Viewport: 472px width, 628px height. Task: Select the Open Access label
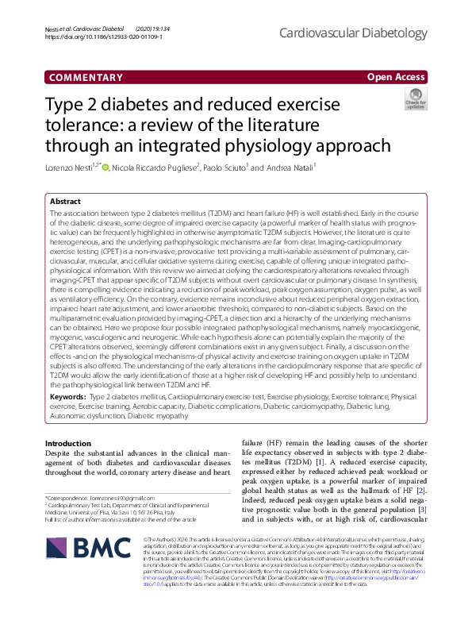396,77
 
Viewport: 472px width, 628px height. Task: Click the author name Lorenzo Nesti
71,168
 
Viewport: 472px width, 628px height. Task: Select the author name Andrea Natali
290,168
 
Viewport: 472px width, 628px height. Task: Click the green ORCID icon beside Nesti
105,168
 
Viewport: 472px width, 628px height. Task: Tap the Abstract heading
65,202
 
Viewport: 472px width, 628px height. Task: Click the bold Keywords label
68,395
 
